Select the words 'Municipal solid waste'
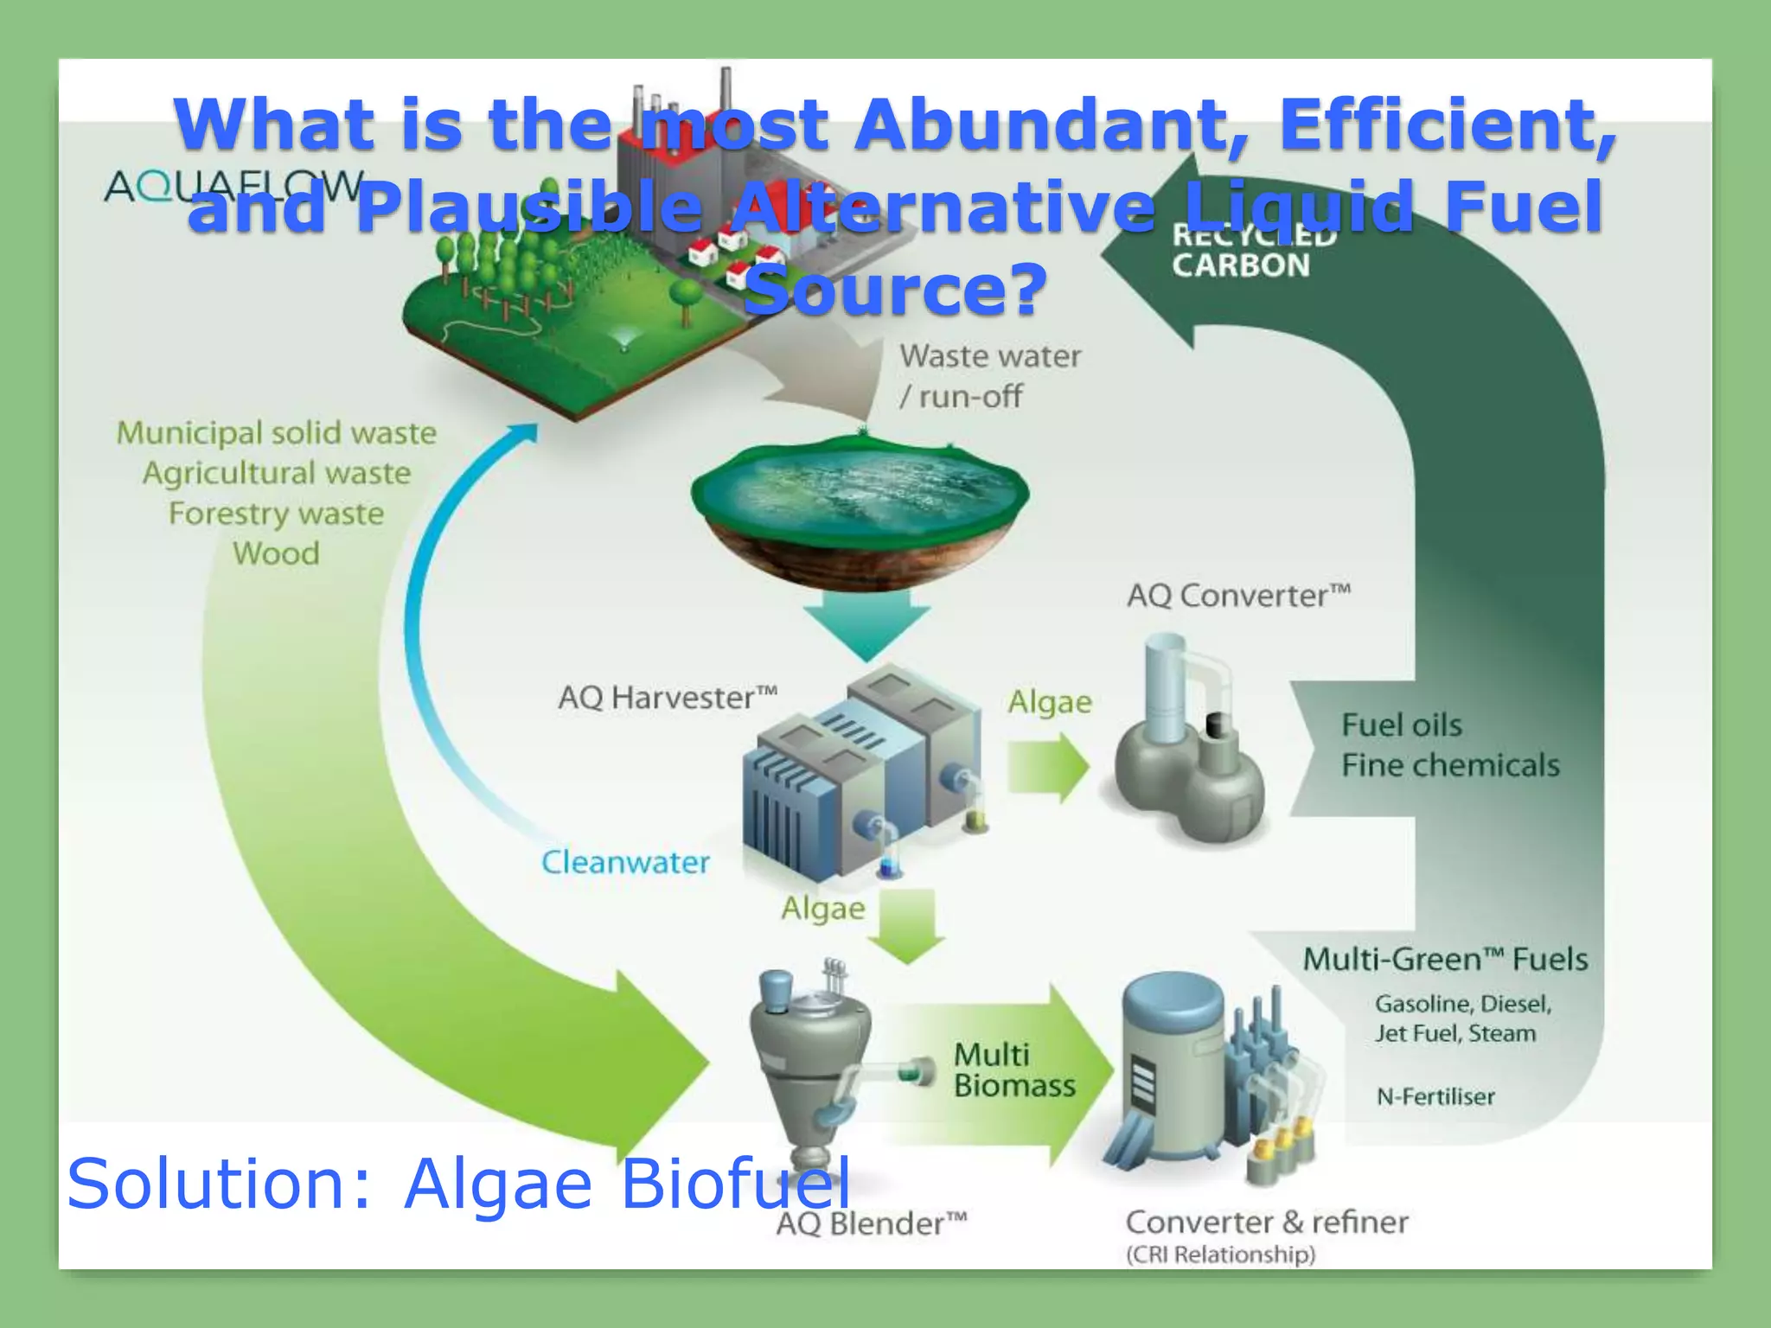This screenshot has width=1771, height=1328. [277, 433]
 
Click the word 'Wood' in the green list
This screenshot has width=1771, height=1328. [276, 553]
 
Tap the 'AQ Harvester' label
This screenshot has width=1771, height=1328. [667, 697]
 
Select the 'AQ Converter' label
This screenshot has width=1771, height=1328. [1237, 596]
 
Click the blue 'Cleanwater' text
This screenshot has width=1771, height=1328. [625, 862]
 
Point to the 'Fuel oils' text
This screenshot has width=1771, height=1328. [1401, 725]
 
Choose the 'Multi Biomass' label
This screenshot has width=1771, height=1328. [1013, 1070]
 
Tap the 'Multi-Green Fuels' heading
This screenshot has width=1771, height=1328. [1444, 959]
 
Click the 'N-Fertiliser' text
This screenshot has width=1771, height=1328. [1435, 1096]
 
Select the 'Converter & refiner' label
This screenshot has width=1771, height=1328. [1266, 1222]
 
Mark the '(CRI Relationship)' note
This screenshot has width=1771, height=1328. [1220, 1255]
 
